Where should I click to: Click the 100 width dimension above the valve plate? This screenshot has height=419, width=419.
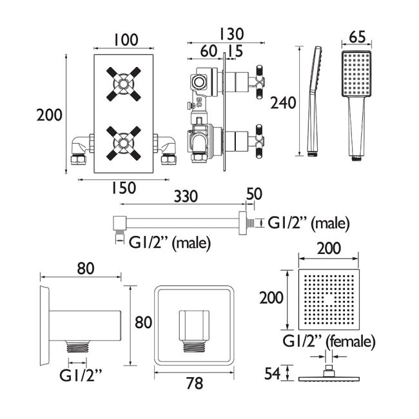pyautogui.click(x=125, y=40)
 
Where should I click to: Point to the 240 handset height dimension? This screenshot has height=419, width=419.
pyautogui.click(x=283, y=102)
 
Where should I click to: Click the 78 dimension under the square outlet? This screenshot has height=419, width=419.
pyautogui.click(x=193, y=384)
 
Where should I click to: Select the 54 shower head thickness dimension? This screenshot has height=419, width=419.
pyautogui.click(x=274, y=373)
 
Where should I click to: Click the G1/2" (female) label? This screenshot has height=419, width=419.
pyautogui.click(x=329, y=340)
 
